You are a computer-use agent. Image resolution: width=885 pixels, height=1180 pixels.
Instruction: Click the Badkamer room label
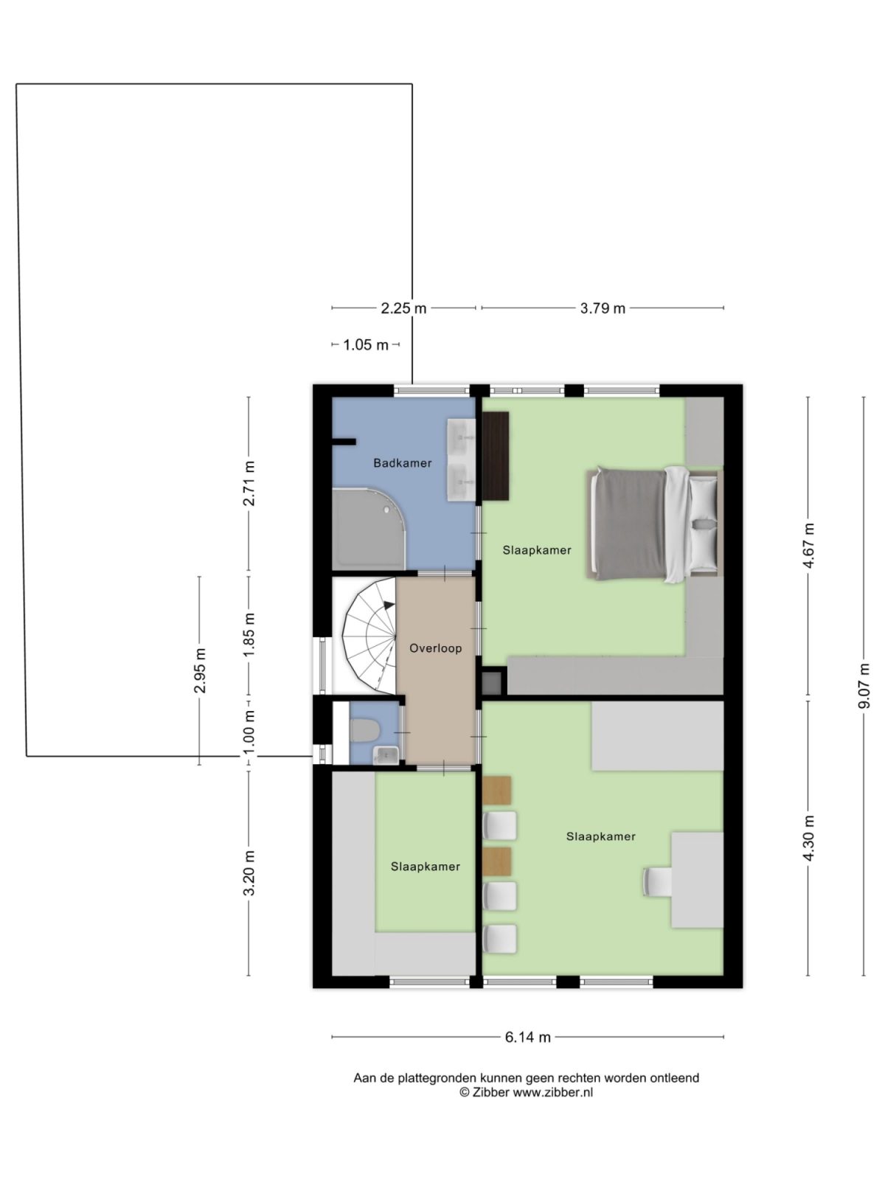pyautogui.click(x=402, y=463)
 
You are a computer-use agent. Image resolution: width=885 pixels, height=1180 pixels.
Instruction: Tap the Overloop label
pyautogui.click(x=436, y=648)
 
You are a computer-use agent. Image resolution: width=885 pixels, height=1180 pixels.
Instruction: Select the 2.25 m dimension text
pyautogui.click(x=403, y=308)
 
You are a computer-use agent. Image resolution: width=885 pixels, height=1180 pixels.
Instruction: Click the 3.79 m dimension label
pyautogui.click(x=603, y=308)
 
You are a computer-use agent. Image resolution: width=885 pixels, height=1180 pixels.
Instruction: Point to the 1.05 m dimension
pyautogui.click(x=366, y=344)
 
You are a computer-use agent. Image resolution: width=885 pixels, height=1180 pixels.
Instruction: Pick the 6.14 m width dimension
pyautogui.click(x=528, y=1037)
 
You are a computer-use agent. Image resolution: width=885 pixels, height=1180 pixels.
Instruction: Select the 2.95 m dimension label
pyautogui.click(x=200, y=670)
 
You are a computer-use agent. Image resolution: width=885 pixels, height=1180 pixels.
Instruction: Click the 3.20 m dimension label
pyautogui.click(x=249, y=872)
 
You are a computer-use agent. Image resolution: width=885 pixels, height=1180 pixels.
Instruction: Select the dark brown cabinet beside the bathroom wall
pyautogui.click(x=496, y=456)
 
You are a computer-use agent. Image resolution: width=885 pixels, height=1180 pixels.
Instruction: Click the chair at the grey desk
pyautogui.click(x=658, y=881)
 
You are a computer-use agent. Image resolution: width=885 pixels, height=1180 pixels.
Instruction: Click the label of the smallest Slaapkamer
pyautogui.click(x=426, y=867)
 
